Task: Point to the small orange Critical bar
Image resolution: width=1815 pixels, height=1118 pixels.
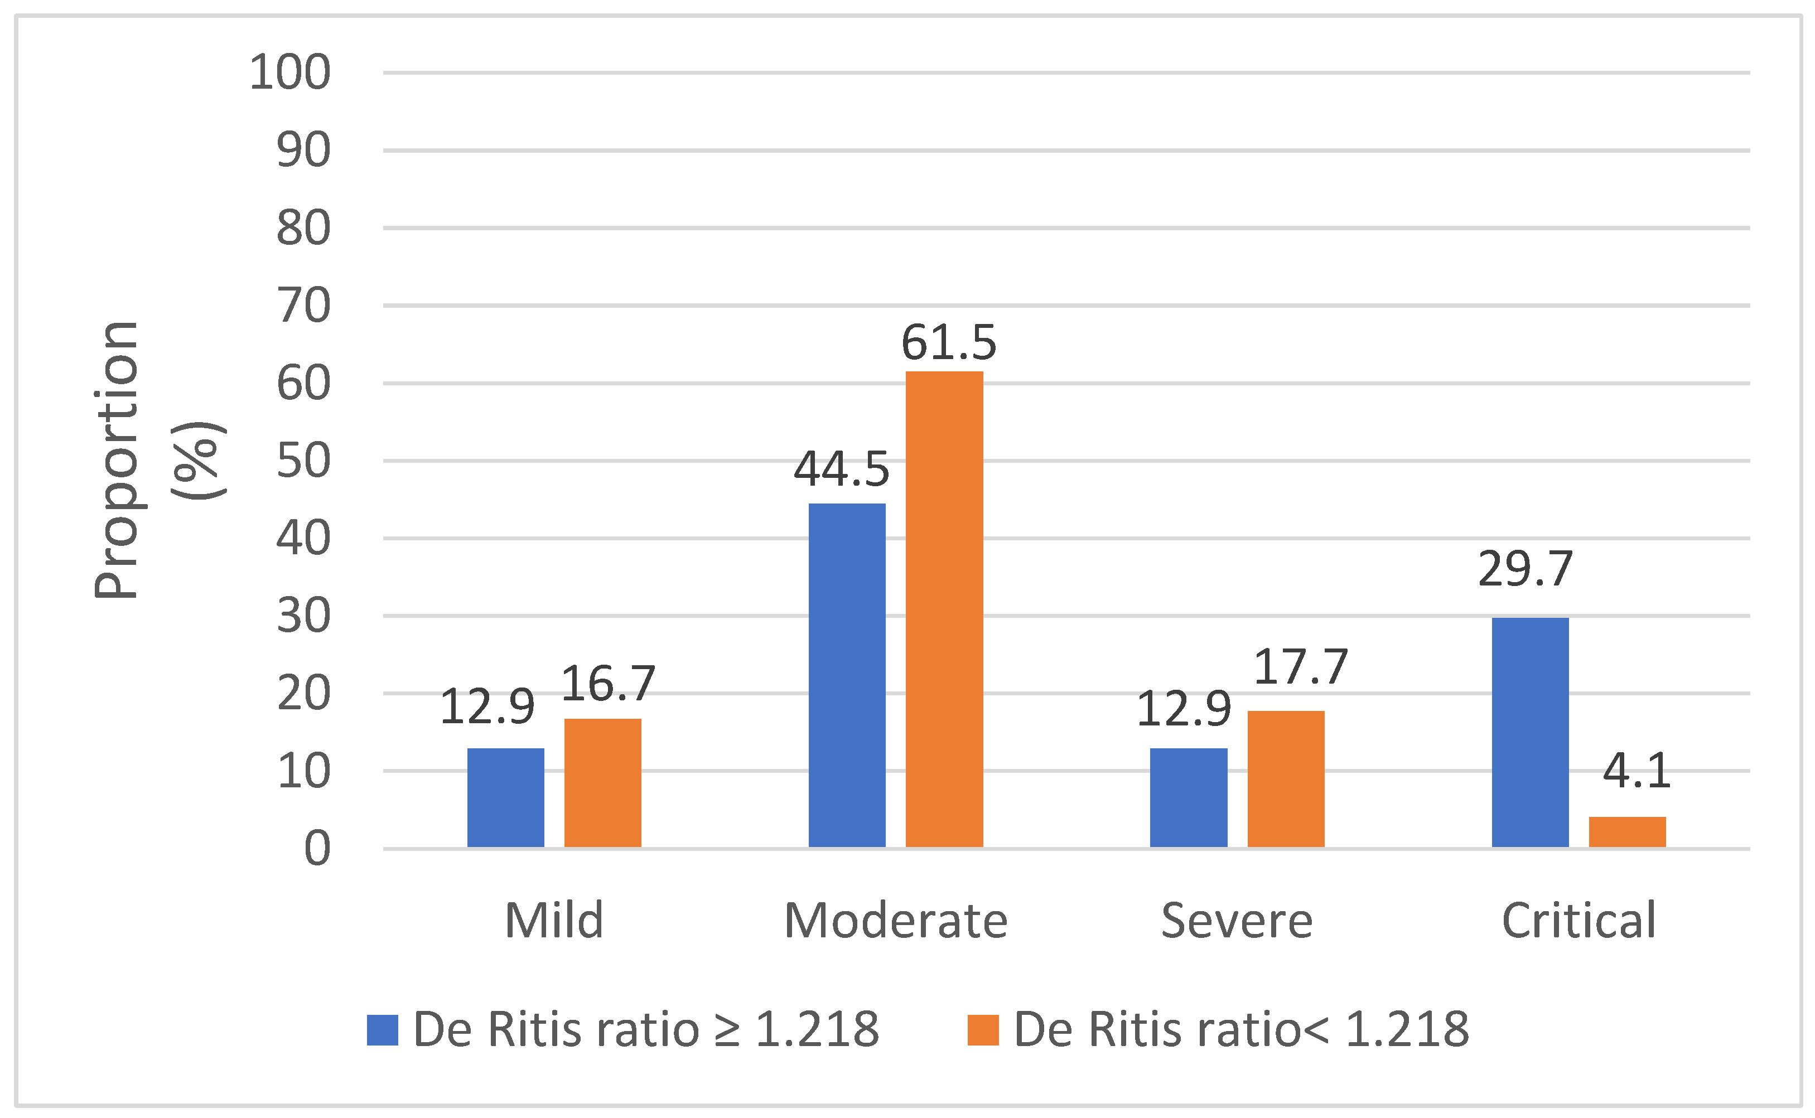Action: click(1627, 832)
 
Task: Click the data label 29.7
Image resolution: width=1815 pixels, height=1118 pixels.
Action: click(1525, 569)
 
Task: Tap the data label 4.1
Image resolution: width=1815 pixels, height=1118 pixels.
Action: click(1636, 771)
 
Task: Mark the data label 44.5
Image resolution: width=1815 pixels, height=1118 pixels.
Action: click(841, 470)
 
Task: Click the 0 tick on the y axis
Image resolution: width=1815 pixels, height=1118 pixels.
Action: click(317, 848)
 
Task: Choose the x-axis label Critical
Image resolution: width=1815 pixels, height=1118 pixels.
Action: click(1579, 921)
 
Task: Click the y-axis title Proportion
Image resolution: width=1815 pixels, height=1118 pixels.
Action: click(117, 460)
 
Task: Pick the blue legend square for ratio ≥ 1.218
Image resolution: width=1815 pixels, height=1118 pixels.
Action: click(383, 1030)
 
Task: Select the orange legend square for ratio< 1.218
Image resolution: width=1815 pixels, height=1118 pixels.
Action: click(983, 1030)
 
